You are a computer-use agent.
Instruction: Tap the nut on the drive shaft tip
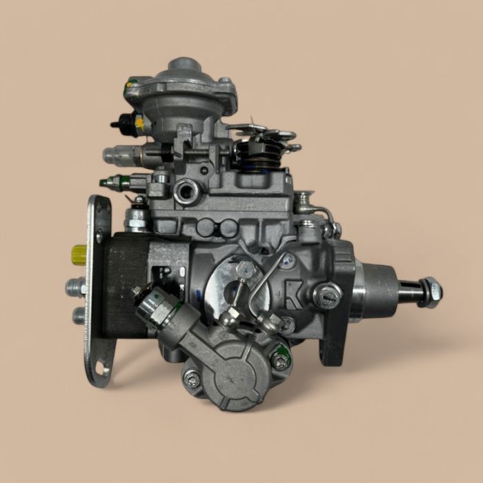pos(430,292)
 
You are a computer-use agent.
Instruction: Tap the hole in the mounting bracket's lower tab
pos(101,368)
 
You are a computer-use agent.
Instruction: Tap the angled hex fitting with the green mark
pos(156,304)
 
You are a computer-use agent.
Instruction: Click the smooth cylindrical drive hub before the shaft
pos(377,290)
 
